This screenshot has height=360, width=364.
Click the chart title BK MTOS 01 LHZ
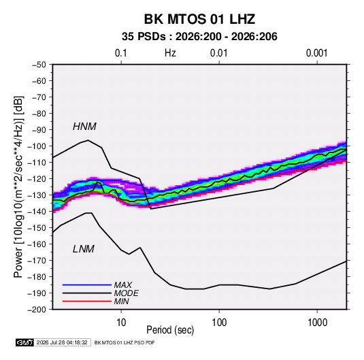[199, 19]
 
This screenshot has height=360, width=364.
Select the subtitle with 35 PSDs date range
[199, 37]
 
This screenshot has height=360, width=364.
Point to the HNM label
[84, 127]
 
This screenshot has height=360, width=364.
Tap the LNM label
[84, 249]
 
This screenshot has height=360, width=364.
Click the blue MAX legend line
[87, 284]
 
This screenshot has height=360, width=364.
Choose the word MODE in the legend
[127, 293]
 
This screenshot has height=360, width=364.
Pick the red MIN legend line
[87, 301]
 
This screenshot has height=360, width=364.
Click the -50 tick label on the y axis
[39, 65]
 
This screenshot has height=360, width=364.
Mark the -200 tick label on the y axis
[37, 310]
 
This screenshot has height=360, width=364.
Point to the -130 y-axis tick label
[37, 195]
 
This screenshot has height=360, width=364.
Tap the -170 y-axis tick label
[37, 261]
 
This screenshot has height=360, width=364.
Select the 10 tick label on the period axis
[121, 323]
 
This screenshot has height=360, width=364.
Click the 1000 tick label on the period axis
[317, 323]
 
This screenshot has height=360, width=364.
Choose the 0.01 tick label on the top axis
[218, 53]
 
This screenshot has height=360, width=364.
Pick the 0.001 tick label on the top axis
[316, 53]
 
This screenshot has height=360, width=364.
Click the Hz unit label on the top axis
[170, 53]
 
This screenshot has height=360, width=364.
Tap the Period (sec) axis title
[170, 330]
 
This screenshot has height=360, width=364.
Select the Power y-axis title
[18, 187]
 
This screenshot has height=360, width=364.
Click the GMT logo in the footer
[25, 342]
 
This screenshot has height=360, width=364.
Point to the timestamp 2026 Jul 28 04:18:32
[62, 342]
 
